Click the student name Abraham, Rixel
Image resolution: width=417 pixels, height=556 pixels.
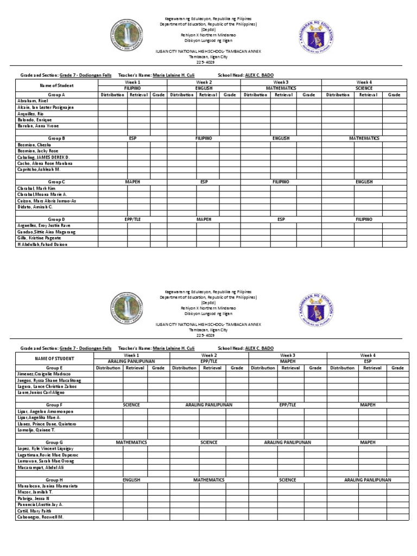[33, 101]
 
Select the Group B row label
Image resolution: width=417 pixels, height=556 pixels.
[56, 138]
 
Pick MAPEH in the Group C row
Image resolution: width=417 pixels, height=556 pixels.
[132, 182]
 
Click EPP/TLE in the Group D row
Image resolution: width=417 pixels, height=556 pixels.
[132, 219]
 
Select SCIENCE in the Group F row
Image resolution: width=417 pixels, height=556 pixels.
[131, 405]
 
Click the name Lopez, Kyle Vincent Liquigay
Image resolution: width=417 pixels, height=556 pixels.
[45, 449]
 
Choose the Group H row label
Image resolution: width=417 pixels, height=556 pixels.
[55, 480]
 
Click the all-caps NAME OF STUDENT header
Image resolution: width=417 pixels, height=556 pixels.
[54, 358]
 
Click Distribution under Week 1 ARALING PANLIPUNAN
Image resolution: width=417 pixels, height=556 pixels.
[108, 368]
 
